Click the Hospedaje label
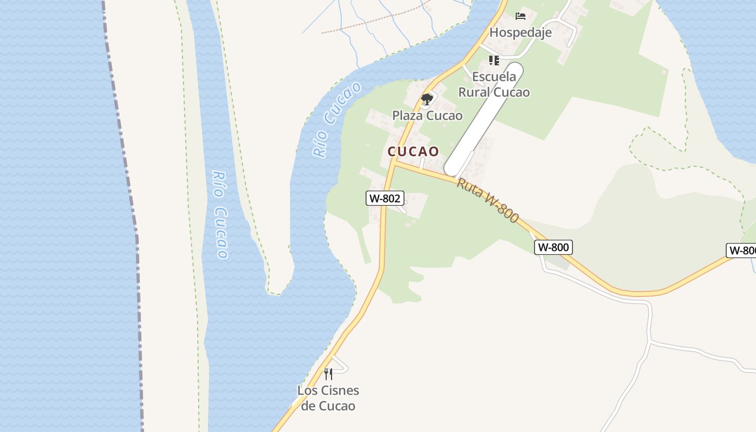tap(520, 32)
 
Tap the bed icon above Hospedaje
tap(520, 16)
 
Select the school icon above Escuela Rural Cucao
tap(494, 60)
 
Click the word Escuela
tap(494, 77)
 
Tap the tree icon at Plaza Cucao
tap(427, 99)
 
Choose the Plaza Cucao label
tap(427, 116)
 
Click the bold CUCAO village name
tap(413, 151)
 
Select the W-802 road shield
tap(384, 198)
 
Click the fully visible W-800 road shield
tap(553, 247)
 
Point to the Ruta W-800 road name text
tap(488, 200)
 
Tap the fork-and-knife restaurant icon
tap(328, 374)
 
